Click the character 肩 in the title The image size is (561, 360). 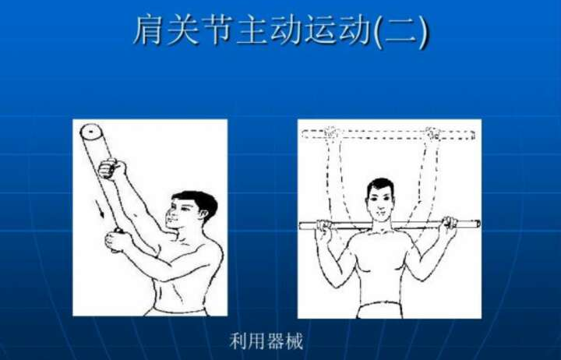pyautogui.click(x=149, y=30)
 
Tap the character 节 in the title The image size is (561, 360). pyautogui.click(x=217, y=30)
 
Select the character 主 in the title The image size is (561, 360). pyautogui.click(x=250, y=30)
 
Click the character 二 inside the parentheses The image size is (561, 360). pyautogui.click(x=400, y=30)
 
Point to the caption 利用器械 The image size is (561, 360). pyautogui.click(x=266, y=341)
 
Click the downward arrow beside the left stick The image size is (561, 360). pyautogui.click(x=99, y=209)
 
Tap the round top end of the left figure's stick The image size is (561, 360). pyautogui.click(x=90, y=132)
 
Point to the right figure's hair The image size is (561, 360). pyautogui.click(x=380, y=185)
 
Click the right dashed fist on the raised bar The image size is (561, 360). pyautogui.click(x=433, y=133)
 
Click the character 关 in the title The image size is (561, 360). pyautogui.click(x=183, y=30)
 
